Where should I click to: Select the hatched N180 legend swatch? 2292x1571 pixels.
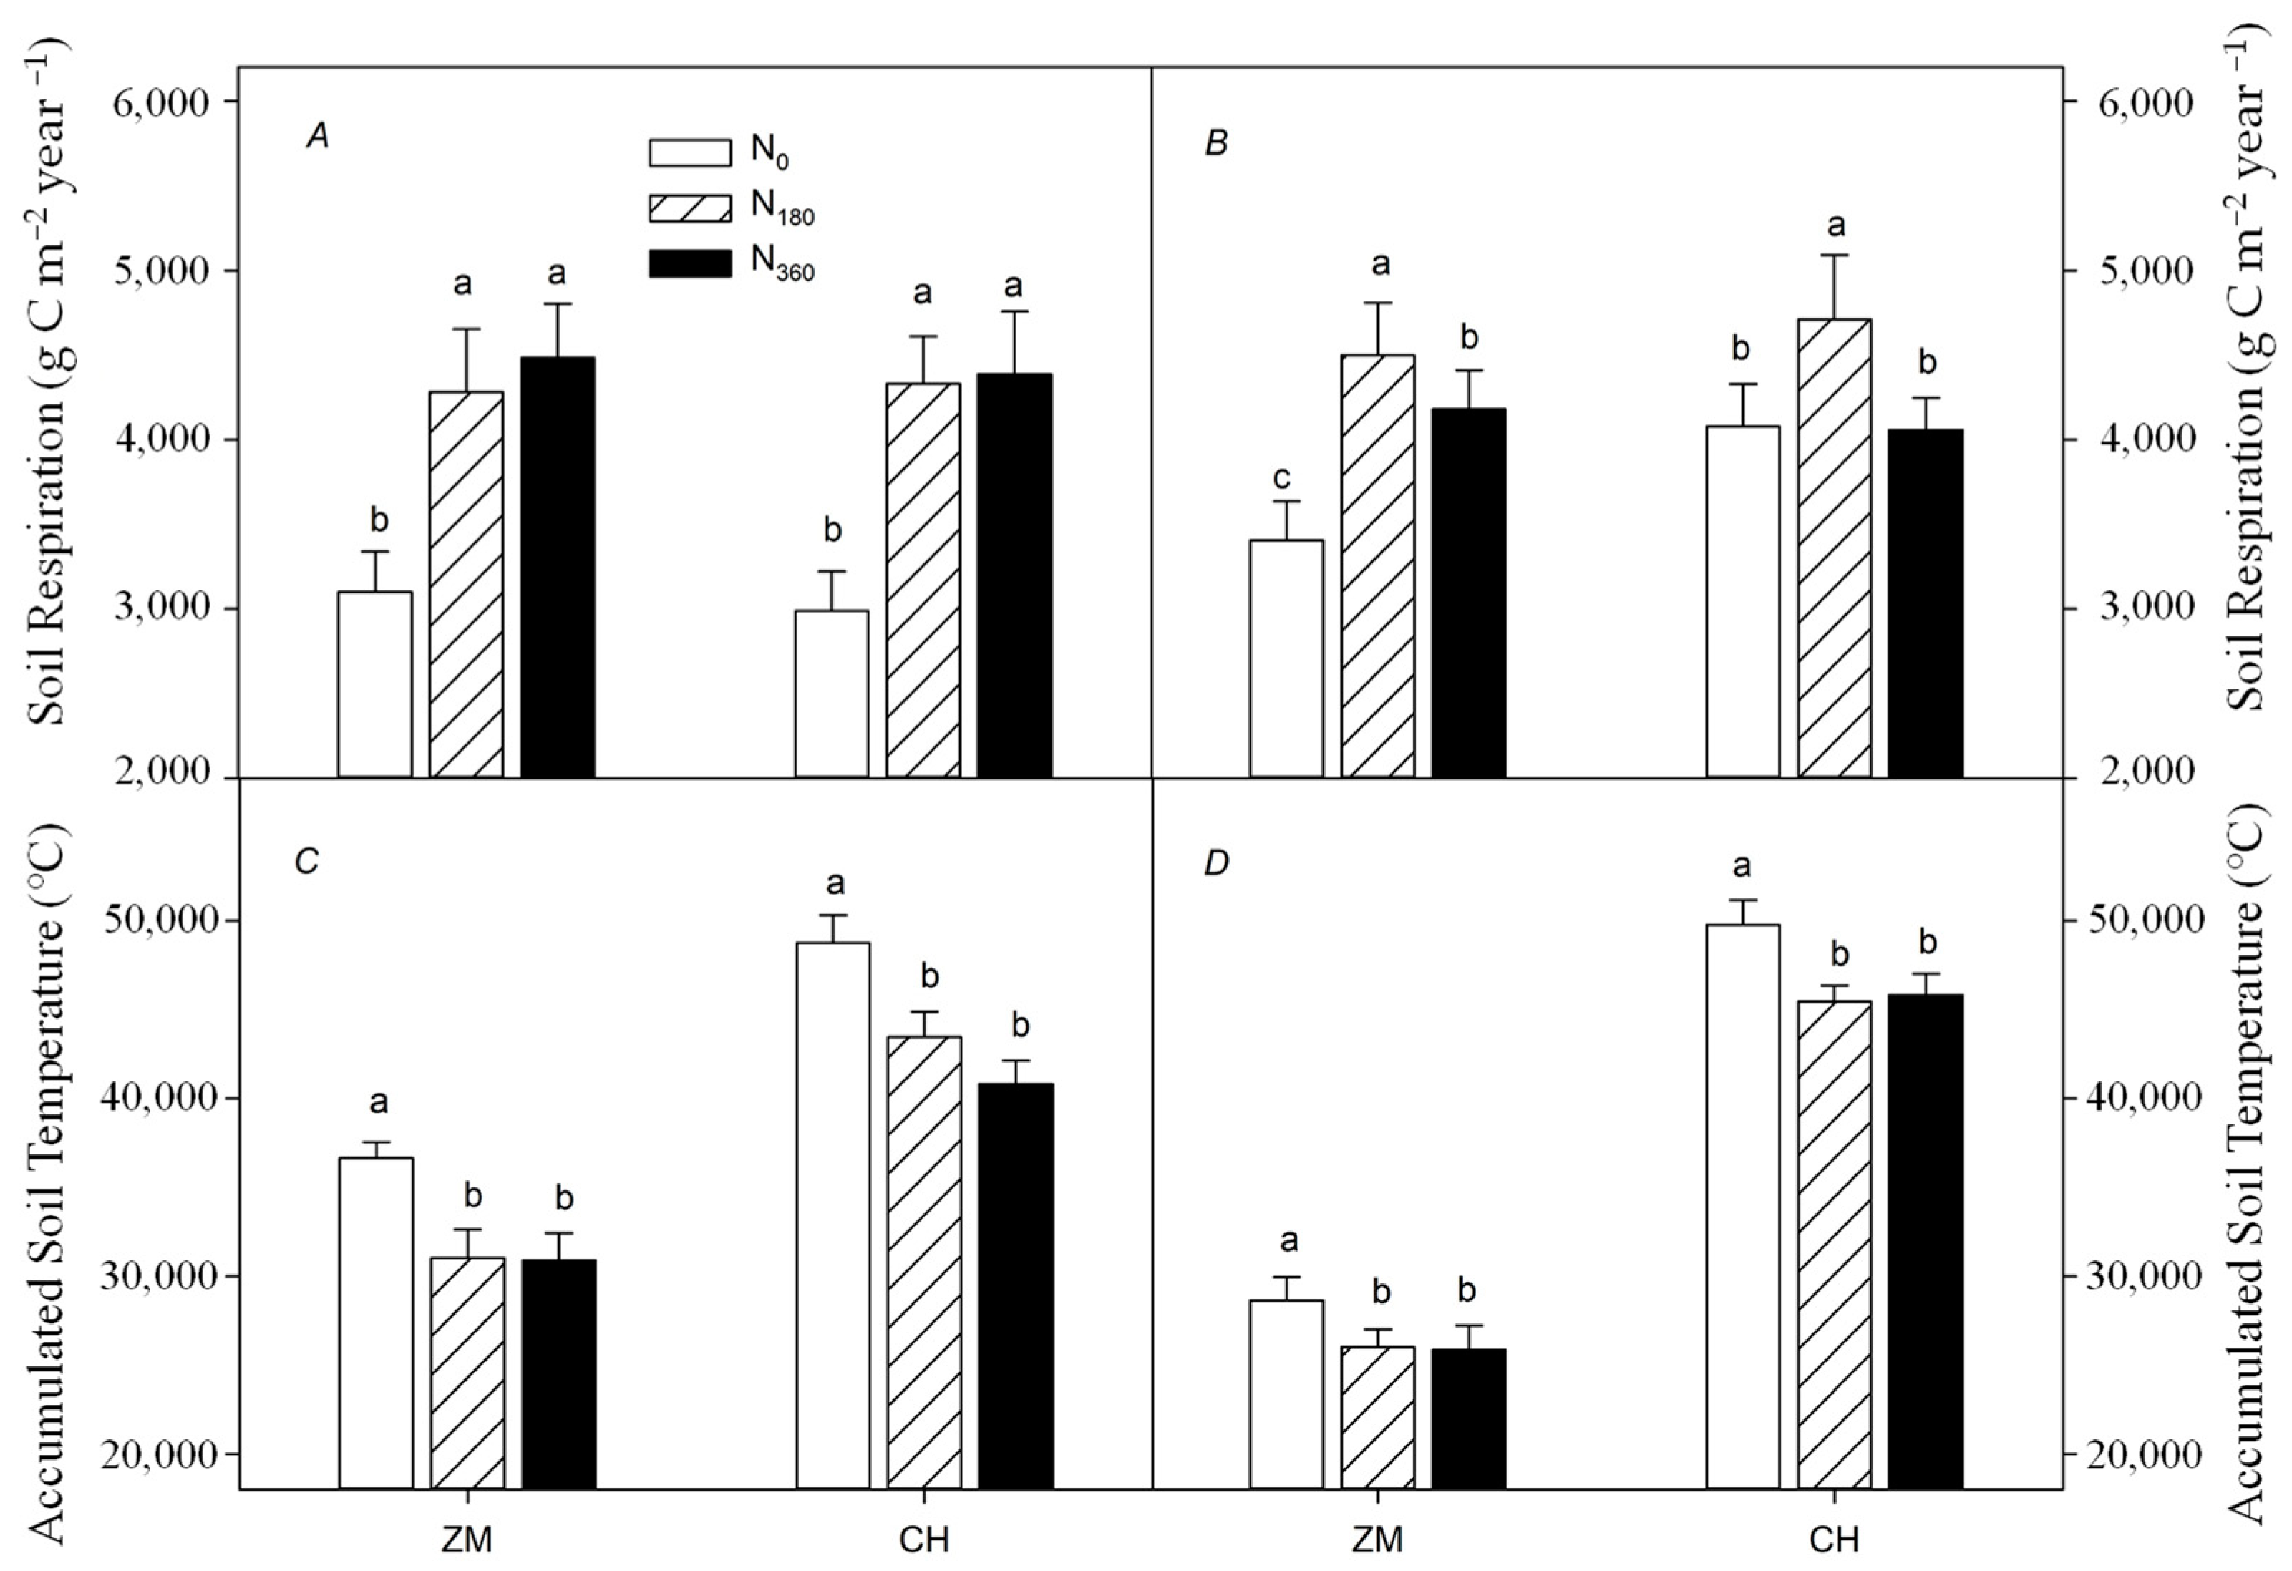(689, 208)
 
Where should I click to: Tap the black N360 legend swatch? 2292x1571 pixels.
(689, 263)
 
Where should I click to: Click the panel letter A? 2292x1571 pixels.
(318, 138)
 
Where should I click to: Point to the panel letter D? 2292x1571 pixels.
(1217, 864)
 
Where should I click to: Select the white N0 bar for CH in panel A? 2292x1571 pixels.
(832, 694)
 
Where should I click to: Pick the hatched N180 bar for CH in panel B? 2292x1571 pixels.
(1835, 548)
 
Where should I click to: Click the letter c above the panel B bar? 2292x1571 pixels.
(1282, 478)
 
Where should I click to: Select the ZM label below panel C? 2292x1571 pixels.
(467, 1540)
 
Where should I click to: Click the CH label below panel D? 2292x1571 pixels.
(1835, 1540)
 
